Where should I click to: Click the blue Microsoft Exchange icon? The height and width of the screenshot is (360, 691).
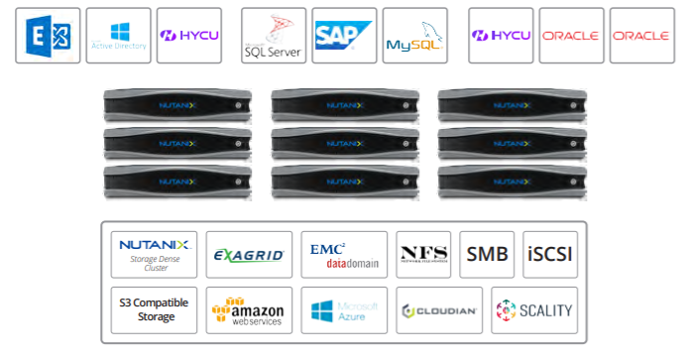click(x=48, y=36)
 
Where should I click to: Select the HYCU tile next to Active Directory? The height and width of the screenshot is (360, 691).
click(x=189, y=36)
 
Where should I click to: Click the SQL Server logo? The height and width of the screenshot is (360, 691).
click(x=272, y=36)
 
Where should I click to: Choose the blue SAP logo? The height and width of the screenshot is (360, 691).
click(x=344, y=35)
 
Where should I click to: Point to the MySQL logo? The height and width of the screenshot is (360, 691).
click(x=413, y=36)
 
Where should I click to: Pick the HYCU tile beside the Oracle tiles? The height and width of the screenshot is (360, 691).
click(x=501, y=36)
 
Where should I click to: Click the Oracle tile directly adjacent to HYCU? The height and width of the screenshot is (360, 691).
click(x=571, y=36)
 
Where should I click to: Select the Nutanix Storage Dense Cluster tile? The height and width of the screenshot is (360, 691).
click(x=154, y=254)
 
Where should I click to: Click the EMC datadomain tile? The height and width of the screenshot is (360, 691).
click(x=344, y=254)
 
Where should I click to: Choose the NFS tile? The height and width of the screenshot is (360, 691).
click(x=424, y=254)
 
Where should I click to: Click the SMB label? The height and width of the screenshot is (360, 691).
click(x=487, y=254)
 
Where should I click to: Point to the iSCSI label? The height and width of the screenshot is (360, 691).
click(x=549, y=254)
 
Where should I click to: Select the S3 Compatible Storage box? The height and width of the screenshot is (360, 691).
click(x=154, y=310)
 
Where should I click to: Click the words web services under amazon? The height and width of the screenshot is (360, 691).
click(x=255, y=321)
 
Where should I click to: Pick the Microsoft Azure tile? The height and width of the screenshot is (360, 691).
click(x=344, y=310)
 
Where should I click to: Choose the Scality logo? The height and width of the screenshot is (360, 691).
click(x=533, y=310)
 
